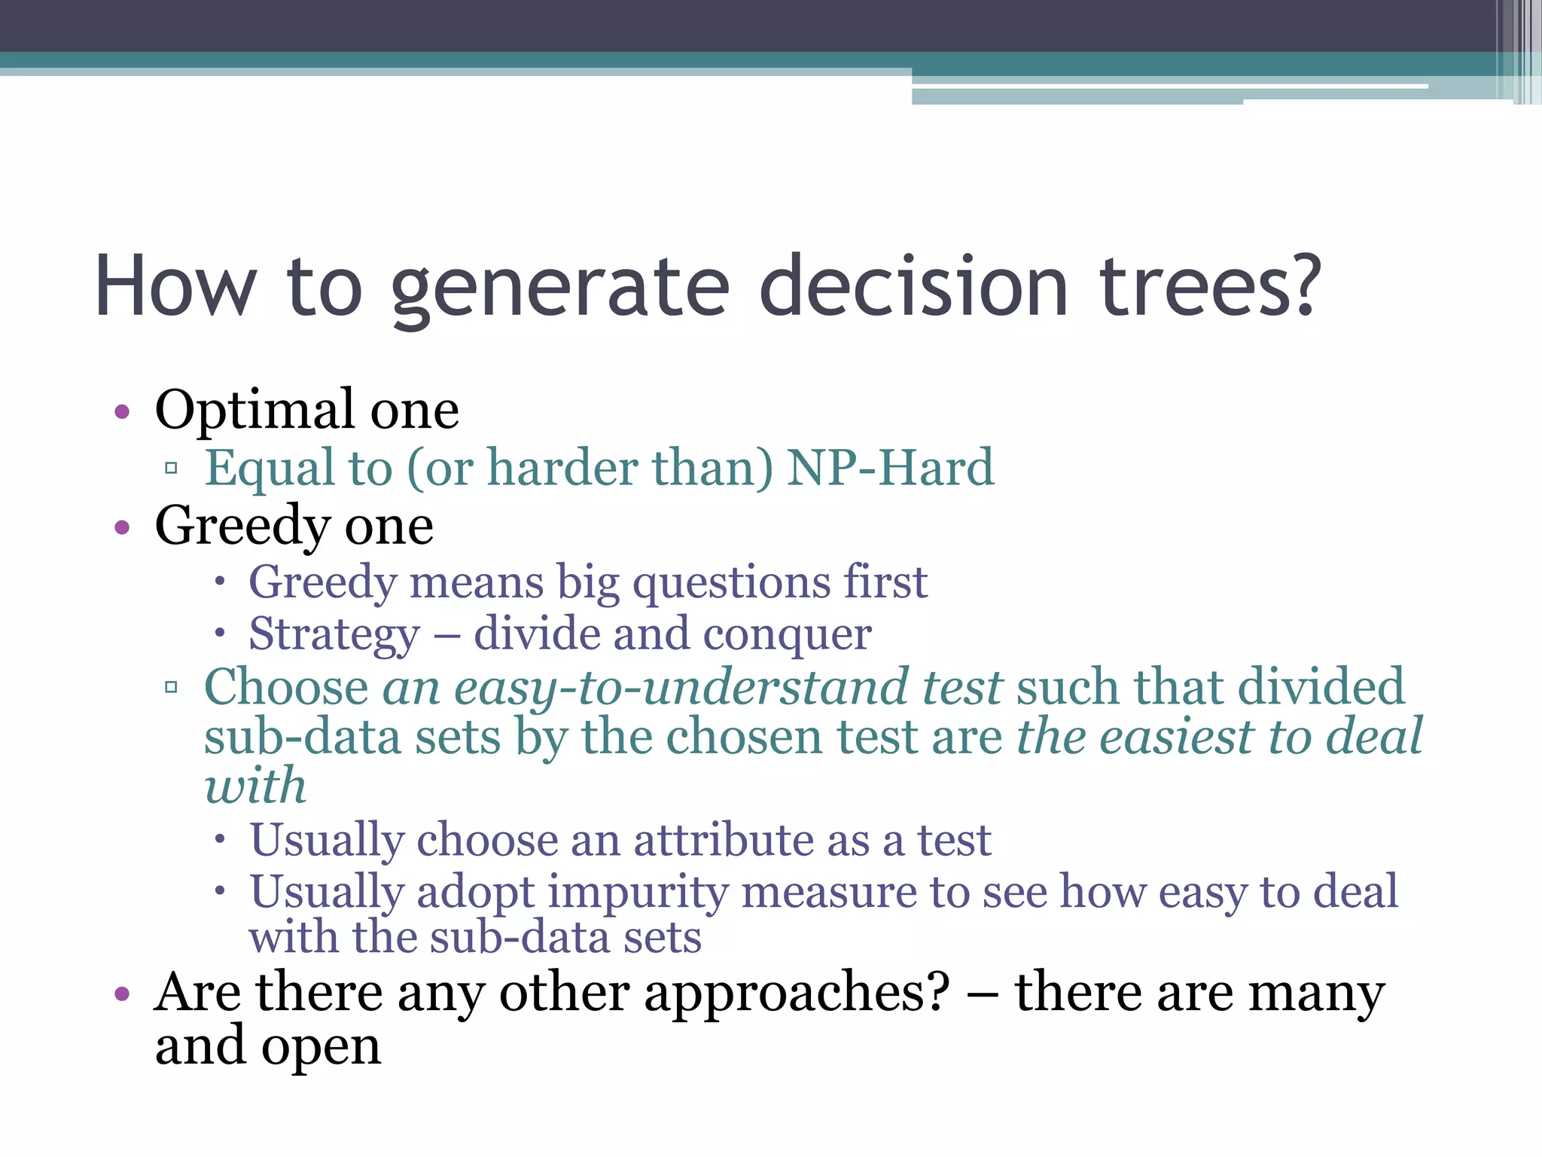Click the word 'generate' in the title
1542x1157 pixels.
pyautogui.click(x=560, y=288)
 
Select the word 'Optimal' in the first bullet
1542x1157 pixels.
pyautogui.click(x=254, y=411)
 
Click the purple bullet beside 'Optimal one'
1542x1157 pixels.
pyautogui.click(x=122, y=412)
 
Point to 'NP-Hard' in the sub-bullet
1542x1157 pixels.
pyautogui.click(x=890, y=468)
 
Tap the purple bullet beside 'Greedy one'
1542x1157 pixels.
pyautogui.click(x=122, y=527)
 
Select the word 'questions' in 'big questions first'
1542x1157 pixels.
pyautogui.click(x=730, y=583)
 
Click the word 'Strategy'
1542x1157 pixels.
pyautogui.click(x=334, y=634)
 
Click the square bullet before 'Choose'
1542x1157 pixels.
pyautogui.click(x=171, y=687)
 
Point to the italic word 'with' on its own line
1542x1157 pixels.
pyautogui.click(x=255, y=786)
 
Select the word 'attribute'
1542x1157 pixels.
pyautogui.click(x=723, y=840)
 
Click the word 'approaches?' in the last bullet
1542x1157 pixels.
pyautogui.click(x=797, y=993)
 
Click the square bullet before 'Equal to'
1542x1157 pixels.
pyautogui.click(x=171, y=469)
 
